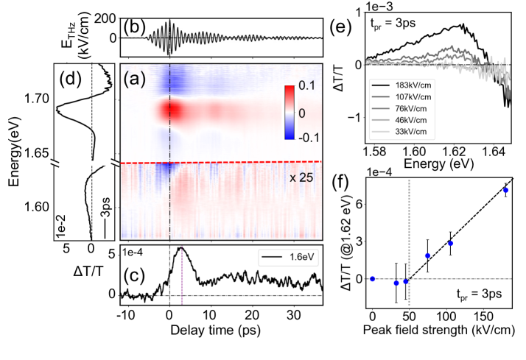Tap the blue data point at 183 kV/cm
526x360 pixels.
(x=505, y=191)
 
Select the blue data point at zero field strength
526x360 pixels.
(x=373, y=278)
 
